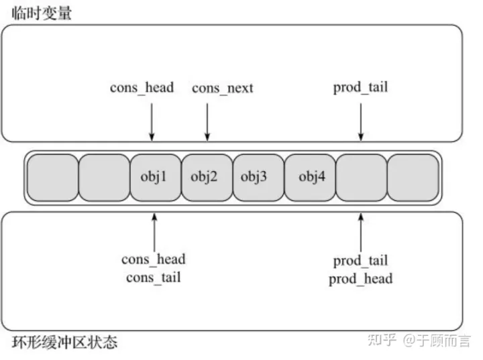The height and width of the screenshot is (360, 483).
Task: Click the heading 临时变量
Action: [42, 13]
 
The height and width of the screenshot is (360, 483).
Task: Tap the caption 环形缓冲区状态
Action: [64, 343]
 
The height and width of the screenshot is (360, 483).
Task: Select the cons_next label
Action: [223, 88]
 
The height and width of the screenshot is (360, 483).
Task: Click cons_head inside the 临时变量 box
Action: [142, 87]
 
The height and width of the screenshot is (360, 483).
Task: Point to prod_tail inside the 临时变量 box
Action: [360, 87]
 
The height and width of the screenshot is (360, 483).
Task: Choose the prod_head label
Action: [361, 278]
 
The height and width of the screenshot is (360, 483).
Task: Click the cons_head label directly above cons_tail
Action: [153, 259]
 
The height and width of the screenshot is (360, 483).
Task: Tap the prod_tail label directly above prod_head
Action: [361, 260]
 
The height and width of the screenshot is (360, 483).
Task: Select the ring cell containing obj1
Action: [156, 178]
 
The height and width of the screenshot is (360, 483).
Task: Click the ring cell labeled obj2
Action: [207, 178]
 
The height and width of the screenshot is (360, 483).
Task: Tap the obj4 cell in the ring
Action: [309, 178]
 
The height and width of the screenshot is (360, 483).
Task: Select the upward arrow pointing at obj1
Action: [155, 231]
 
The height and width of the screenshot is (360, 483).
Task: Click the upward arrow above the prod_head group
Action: [361, 231]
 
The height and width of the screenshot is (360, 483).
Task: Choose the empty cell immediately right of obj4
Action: [361, 178]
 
